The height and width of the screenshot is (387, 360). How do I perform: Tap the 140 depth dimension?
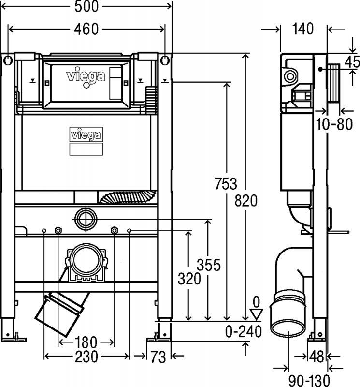pyautogui.click(x=303, y=30)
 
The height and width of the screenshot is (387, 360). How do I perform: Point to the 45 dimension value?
pyautogui.click(x=352, y=62)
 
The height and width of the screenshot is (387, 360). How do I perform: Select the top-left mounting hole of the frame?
pyautogui.click(x=8, y=61)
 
